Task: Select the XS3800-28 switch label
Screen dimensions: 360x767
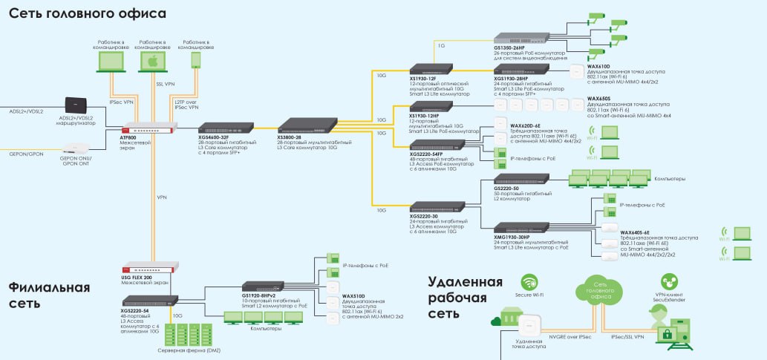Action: [x=288, y=138]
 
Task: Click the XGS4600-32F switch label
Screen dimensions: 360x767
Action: [x=214, y=138]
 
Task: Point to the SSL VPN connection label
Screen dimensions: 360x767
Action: [x=165, y=85]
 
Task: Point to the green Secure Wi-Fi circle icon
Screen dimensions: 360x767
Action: [x=529, y=283]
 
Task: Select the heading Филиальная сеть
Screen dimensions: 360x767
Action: [x=50, y=295]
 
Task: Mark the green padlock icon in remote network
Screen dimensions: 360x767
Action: [x=668, y=335]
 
